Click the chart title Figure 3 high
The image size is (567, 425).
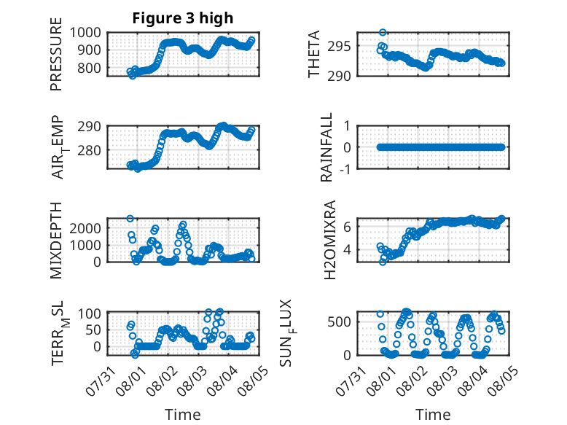[x=183, y=18]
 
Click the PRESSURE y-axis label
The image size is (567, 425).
[x=56, y=54]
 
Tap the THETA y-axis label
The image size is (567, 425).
[x=314, y=54]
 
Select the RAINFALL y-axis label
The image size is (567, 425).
[x=326, y=147]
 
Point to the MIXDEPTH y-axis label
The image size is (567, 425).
[x=56, y=240]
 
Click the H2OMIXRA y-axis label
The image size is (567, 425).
[x=330, y=240]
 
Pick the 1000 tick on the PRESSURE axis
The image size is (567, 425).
[x=85, y=33]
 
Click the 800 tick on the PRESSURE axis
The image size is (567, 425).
[x=89, y=68]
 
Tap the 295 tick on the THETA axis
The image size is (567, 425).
[x=339, y=47]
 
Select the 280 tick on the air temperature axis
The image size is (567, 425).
[x=89, y=149]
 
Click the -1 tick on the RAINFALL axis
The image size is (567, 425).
[x=345, y=168]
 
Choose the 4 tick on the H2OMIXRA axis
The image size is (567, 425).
[x=347, y=249]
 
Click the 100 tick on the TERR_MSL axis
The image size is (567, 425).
[x=90, y=313]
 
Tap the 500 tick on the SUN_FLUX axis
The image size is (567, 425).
[x=339, y=321]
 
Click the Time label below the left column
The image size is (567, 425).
[x=183, y=415]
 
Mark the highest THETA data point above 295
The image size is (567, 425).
[x=383, y=33]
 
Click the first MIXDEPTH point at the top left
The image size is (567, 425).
[x=130, y=219]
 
